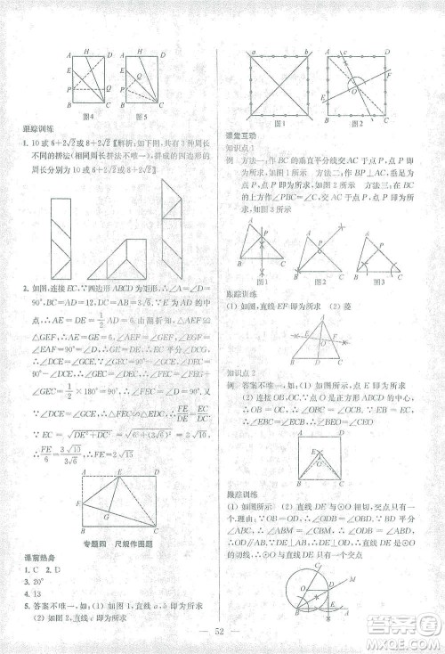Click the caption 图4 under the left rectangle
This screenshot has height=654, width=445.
click(x=88, y=116)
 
